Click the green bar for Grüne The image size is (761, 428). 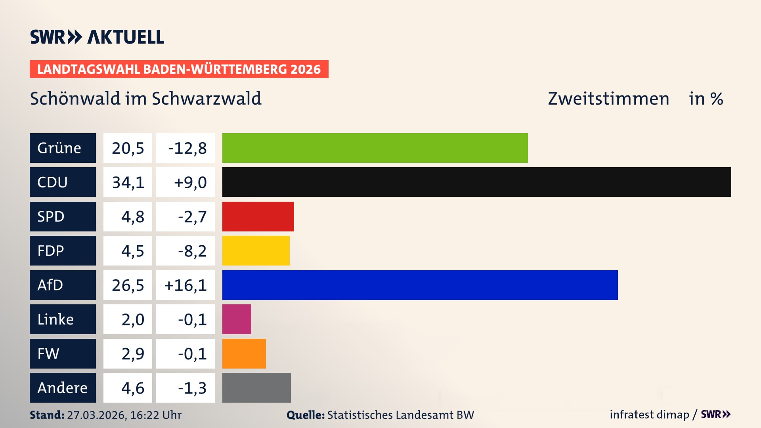375,148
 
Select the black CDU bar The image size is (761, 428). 476,182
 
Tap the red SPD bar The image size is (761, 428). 258,216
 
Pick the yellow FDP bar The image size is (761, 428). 256,250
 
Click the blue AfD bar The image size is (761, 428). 420,285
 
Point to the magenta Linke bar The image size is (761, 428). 237,319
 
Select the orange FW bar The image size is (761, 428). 244,353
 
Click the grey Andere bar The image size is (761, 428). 256,388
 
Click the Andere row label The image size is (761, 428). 63,388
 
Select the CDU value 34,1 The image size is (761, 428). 128,182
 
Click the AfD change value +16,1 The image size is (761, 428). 185,285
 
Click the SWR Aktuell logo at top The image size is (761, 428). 97,37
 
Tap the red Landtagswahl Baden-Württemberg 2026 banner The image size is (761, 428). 179,69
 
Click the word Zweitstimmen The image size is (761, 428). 608,99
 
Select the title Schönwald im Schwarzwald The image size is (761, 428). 145,99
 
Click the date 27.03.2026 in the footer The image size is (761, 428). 96,415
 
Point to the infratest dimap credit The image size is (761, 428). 649,415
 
